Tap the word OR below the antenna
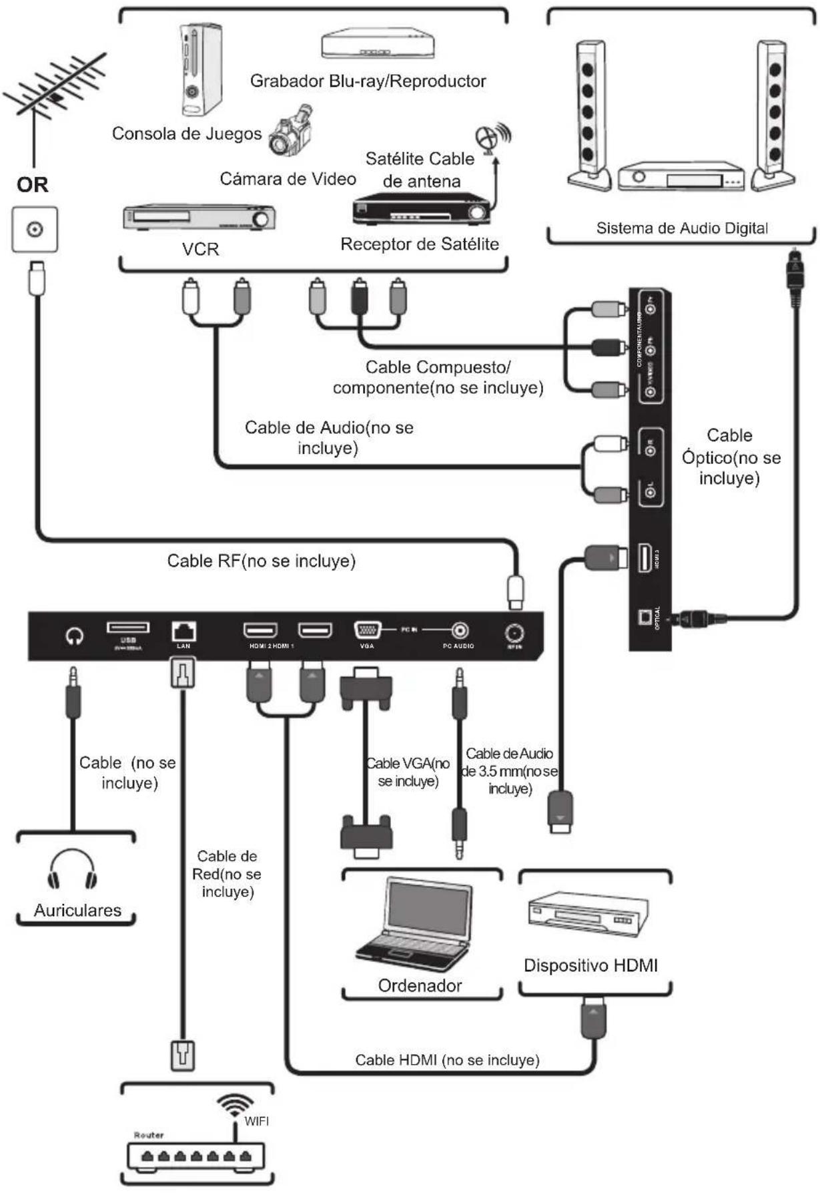[33, 184]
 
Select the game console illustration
[199, 70]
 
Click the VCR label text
[200, 250]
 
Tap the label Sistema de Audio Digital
[681, 228]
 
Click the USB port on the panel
[128, 628]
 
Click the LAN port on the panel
[183, 631]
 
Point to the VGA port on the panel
[367, 630]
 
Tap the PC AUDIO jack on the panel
[460, 630]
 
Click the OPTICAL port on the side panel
[645, 618]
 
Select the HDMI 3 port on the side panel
[645, 558]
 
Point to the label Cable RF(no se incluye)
[261, 561]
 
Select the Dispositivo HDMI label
[590, 965]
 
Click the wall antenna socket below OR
[35, 230]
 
